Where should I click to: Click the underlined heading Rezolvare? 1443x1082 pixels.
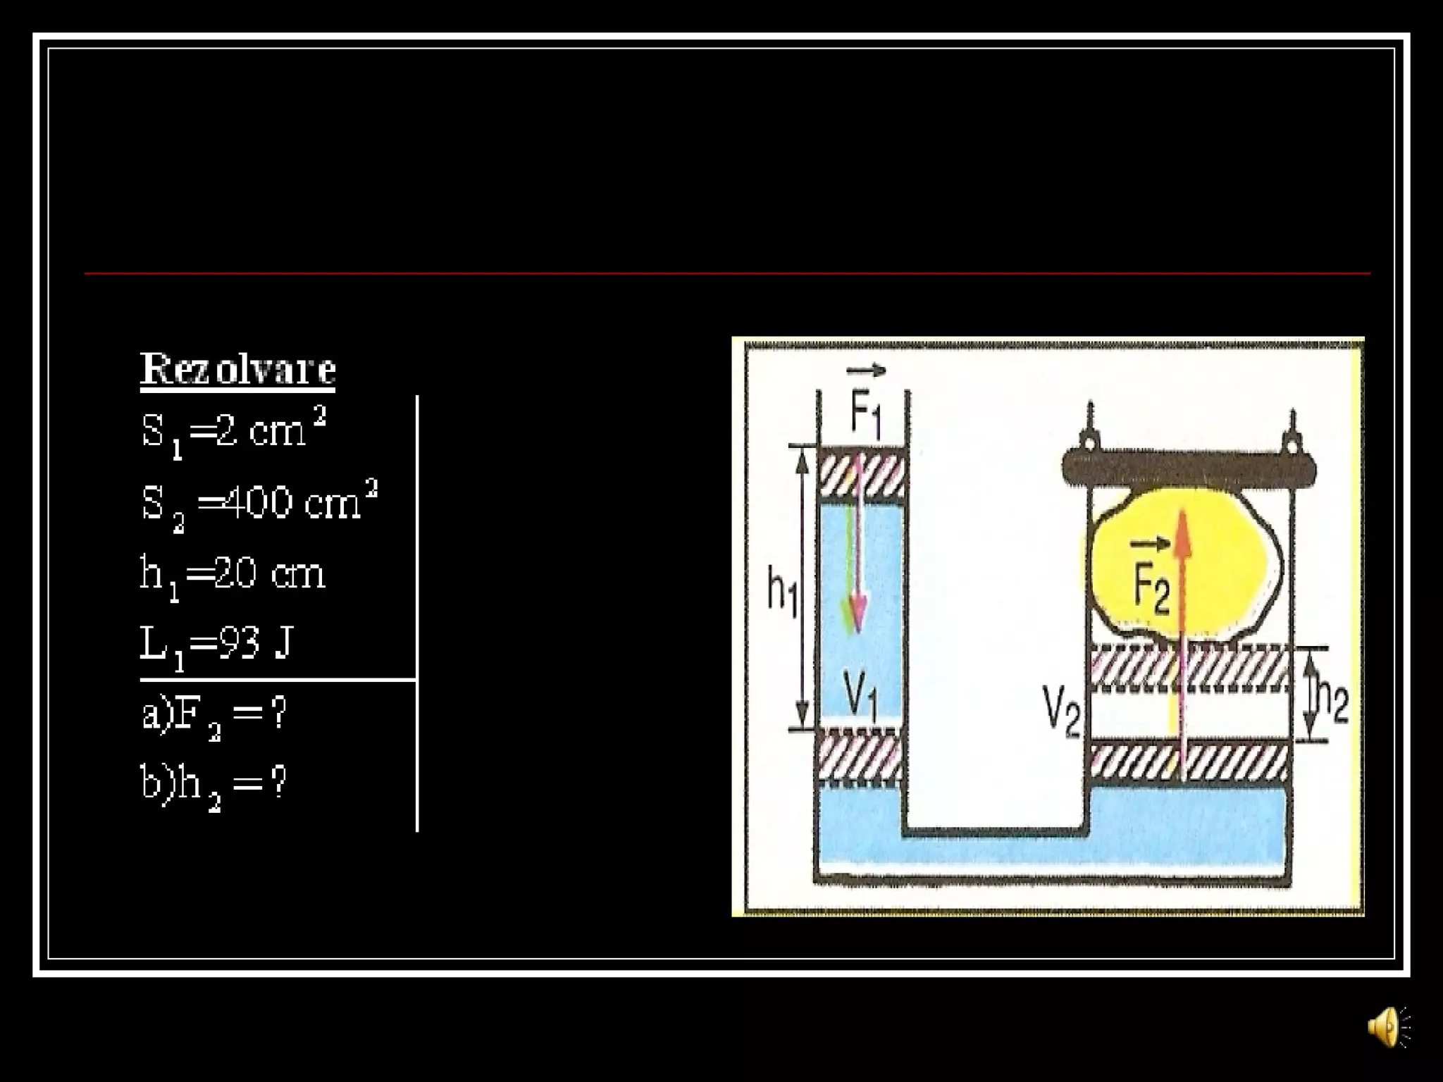237,369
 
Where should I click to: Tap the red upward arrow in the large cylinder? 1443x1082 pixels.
1183,634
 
